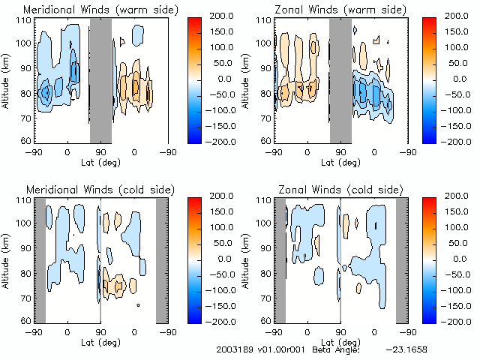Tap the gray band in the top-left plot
[x=100, y=79]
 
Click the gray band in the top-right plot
[x=340, y=79]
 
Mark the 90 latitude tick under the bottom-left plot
[x=100, y=331]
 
